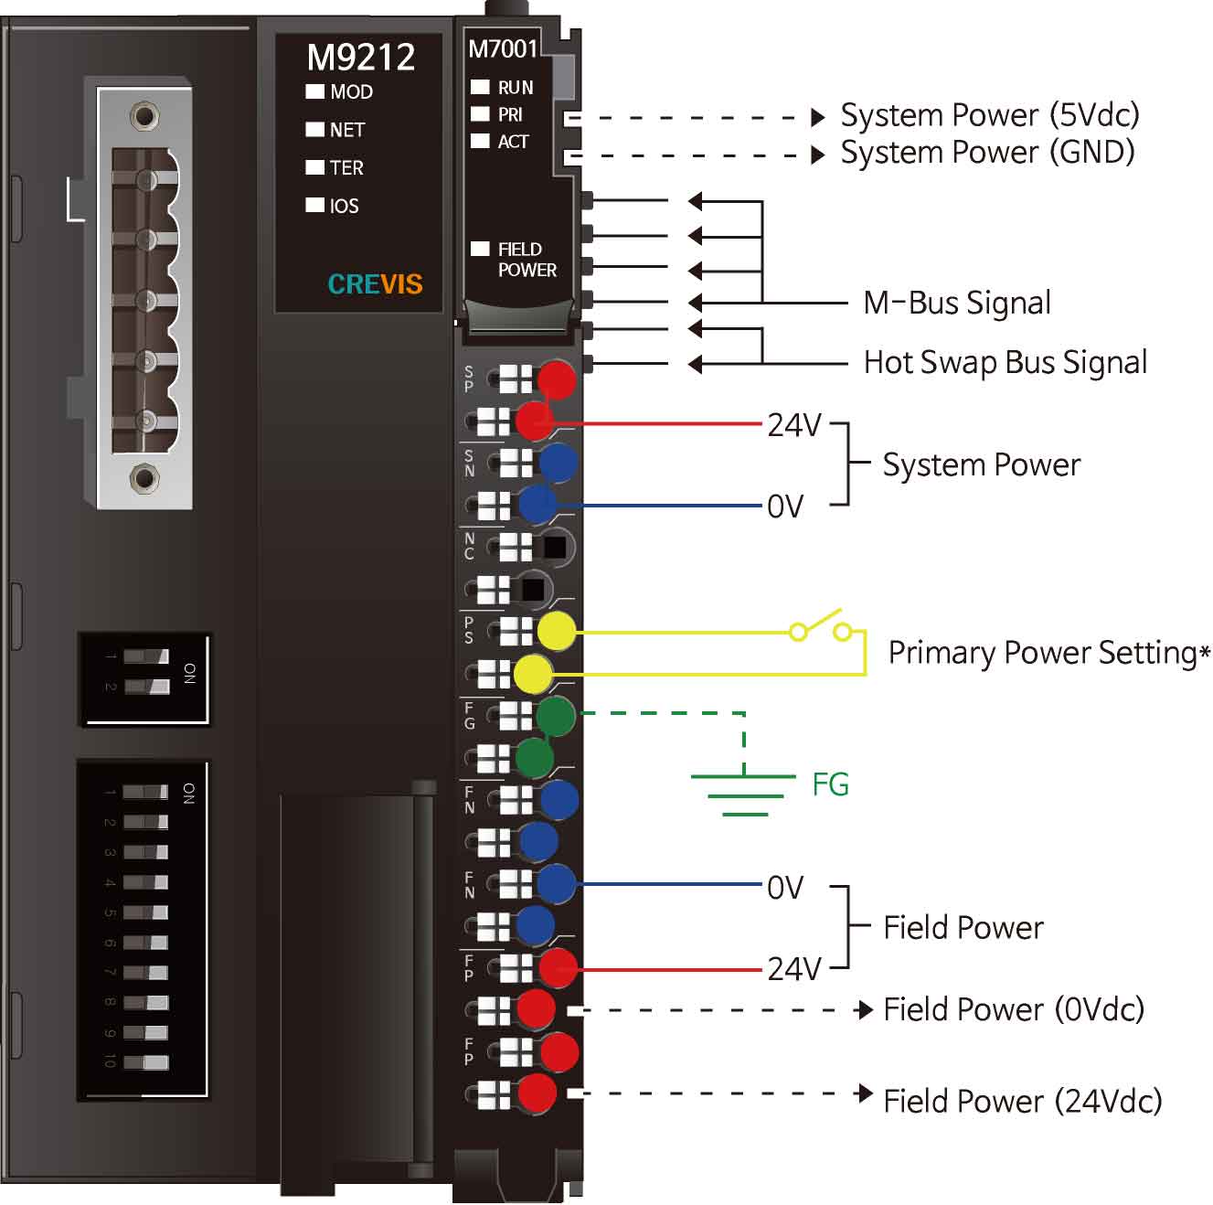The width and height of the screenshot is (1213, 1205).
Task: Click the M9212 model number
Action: [x=360, y=58]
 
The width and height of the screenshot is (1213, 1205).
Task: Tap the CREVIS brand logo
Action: [x=375, y=284]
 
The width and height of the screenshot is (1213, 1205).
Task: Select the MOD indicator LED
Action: [x=315, y=91]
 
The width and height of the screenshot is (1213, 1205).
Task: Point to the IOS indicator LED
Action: [x=315, y=206]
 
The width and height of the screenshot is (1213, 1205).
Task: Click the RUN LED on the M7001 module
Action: [x=480, y=87]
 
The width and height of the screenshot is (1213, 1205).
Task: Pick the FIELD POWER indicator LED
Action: [x=480, y=249]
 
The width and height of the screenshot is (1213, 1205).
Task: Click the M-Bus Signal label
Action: [x=956, y=303]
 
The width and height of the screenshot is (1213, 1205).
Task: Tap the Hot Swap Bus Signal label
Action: [x=1005, y=363]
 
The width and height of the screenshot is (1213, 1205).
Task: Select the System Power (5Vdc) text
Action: [x=989, y=115]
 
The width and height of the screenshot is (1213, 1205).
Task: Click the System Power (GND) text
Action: [x=987, y=152]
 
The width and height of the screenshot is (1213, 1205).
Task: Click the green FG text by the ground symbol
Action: [x=830, y=784]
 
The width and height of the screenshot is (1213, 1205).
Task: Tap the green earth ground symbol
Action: [x=744, y=792]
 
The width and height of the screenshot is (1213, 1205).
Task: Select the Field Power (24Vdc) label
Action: [x=1022, y=1100]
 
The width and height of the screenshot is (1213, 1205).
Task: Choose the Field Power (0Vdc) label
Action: [x=1013, y=1009]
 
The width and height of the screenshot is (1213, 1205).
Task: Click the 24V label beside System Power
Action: [x=793, y=425]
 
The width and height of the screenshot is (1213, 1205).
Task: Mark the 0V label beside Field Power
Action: [x=785, y=887]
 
